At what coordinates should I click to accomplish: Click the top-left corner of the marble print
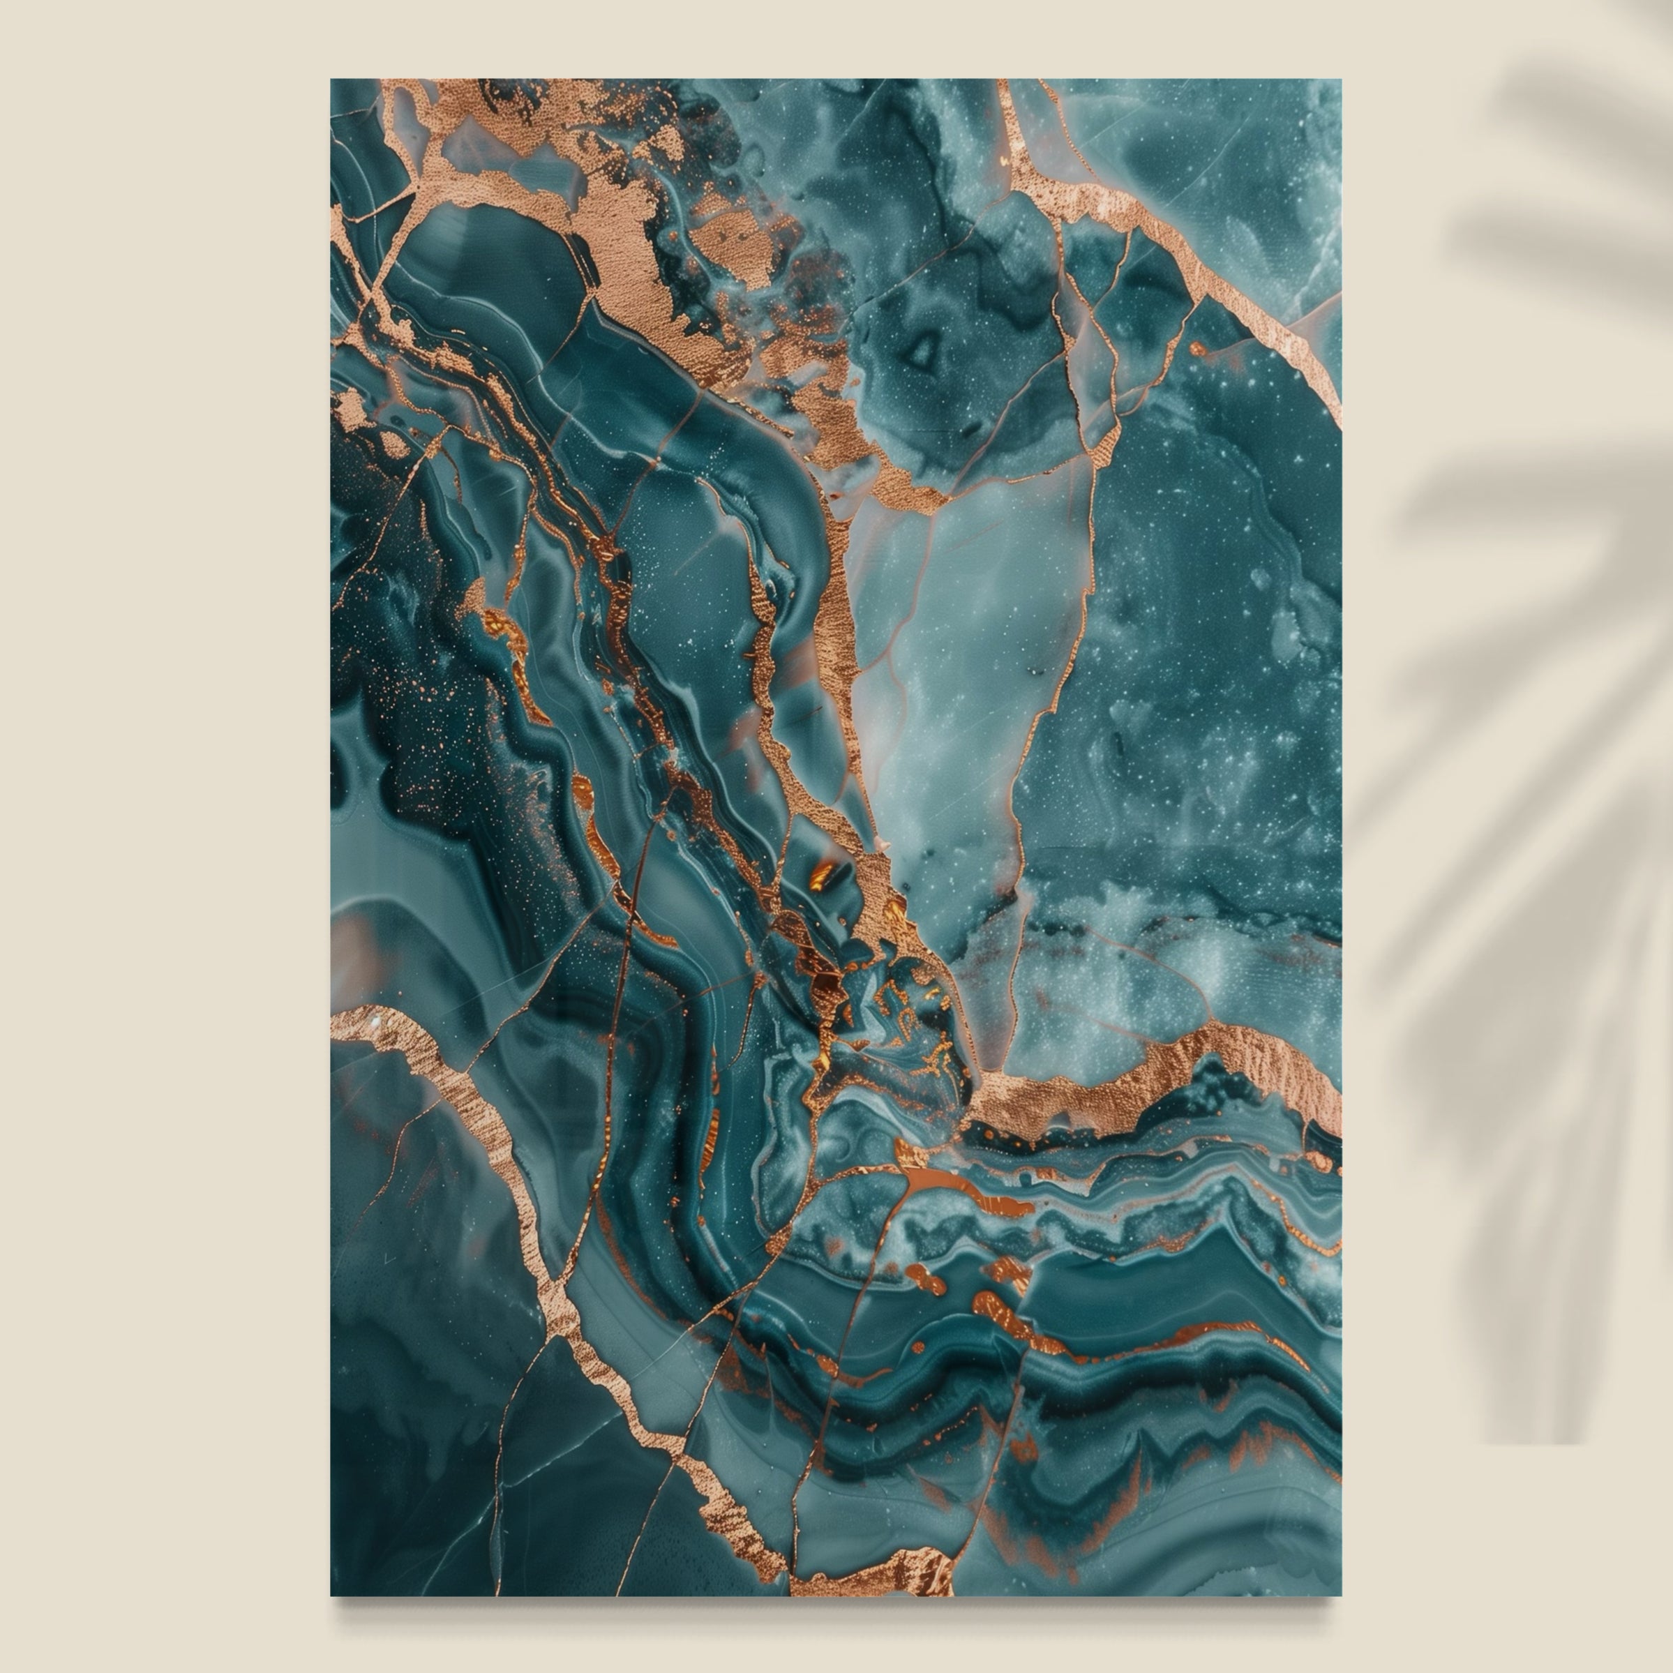(x=331, y=80)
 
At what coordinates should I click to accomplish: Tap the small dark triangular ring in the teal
(x=923, y=352)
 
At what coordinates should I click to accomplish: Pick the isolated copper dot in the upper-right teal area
(x=1199, y=349)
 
